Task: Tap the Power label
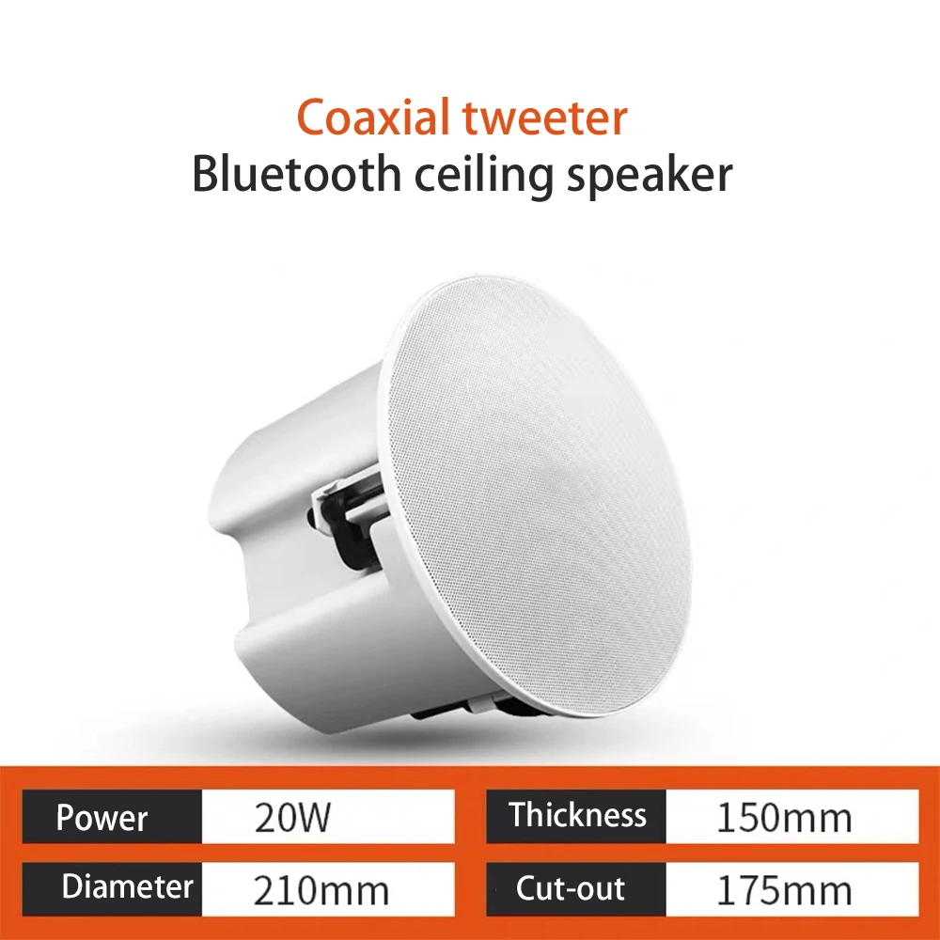pyautogui.click(x=102, y=818)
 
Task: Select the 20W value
pyautogui.click(x=292, y=818)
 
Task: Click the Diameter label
pyautogui.click(x=128, y=887)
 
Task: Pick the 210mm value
pyautogui.click(x=321, y=889)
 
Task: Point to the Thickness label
pyautogui.click(x=578, y=815)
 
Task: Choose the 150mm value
pyautogui.click(x=784, y=818)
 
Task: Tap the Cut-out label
pyautogui.click(x=571, y=887)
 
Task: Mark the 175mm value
pyautogui.click(x=784, y=889)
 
